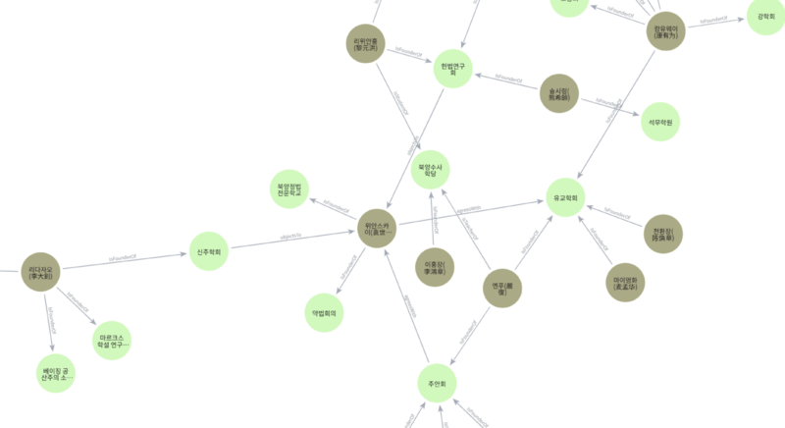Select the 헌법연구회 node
pos(452,68)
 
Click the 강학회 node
pos(765,17)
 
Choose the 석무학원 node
pos(659,121)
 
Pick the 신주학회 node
pos(208,251)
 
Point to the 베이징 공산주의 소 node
pos(55,373)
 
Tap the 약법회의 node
pos(324,312)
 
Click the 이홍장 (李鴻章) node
pos(434,266)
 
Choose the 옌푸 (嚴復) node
pos(501,288)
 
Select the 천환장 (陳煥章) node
pos(662,235)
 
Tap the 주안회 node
pos(438,382)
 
